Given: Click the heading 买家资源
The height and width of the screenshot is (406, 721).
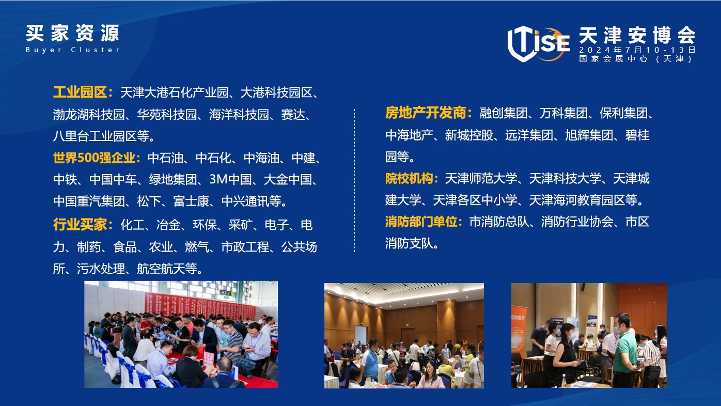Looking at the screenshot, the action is click(x=72, y=33).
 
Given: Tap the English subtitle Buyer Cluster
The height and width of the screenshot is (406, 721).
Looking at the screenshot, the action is click(x=72, y=50).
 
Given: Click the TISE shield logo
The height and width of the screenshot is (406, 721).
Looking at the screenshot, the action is click(x=538, y=44).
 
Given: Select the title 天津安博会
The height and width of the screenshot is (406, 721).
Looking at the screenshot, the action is click(x=637, y=36).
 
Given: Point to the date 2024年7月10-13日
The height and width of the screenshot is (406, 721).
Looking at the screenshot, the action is click(x=637, y=50).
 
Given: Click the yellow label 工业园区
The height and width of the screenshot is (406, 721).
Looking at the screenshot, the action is click(x=80, y=92).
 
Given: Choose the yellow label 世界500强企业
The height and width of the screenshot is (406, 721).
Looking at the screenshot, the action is click(x=94, y=158).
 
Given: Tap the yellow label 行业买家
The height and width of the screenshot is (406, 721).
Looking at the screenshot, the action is click(x=80, y=224).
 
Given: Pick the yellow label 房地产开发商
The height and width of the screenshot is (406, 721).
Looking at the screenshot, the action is click(x=426, y=113).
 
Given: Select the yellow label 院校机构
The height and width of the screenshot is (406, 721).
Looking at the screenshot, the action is click(x=409, y=178).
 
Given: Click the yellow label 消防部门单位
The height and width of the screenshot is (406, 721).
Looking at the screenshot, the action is click(x=421, y=222).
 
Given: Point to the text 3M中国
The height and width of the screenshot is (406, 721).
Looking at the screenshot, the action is click(x=230, y=179).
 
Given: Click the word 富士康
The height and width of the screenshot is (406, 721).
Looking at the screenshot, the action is click(x=191, y=201).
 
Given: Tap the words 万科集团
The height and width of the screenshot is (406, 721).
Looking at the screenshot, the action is click(x=563, y=113).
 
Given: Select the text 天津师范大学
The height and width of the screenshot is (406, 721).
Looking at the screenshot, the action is click(x=481, y=178).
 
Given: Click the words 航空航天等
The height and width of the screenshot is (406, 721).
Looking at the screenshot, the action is click(x=167, y=269).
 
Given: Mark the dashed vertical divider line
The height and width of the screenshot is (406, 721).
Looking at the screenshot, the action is click(x=354, y=180).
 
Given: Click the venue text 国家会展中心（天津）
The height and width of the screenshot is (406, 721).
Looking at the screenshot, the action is click(x=636, y=58).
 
